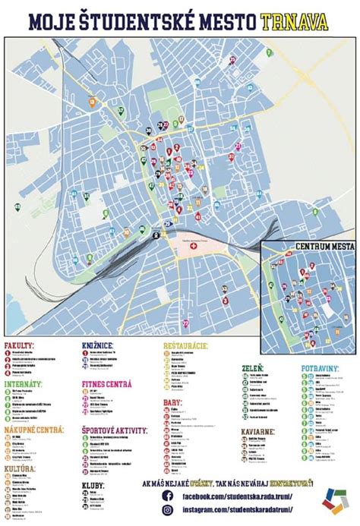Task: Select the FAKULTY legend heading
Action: point(20,346)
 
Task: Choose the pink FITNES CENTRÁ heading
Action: point(107,385)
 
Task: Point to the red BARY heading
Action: point(173,403)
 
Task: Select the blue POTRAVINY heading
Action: point(324,367)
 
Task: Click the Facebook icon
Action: point(166,497)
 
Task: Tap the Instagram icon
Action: point(166,513)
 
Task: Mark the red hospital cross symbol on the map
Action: point(194,247)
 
